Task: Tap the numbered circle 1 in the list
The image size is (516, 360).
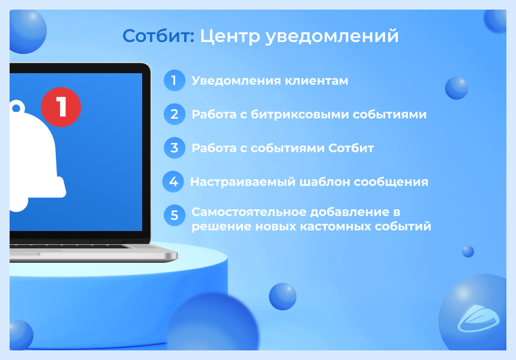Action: click(174, 80)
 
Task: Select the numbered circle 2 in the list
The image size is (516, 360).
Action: click(174, 114)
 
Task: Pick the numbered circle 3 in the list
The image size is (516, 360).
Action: click(174, 148)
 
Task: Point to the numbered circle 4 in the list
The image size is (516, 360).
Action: click(173, 182)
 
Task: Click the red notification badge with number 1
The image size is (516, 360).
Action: click(61, 107)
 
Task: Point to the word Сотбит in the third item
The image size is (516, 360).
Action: click(351, 148)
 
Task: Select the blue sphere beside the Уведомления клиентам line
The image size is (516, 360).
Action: click(456, 88)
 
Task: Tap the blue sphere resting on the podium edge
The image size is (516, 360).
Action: click(282, 296)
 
